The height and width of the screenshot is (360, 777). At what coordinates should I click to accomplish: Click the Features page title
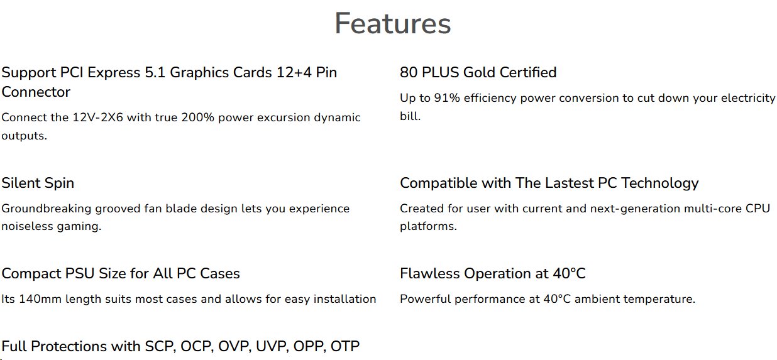392,23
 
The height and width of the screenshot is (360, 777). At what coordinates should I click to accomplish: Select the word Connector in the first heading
36,92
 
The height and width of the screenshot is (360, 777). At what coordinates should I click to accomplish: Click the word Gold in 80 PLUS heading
479,72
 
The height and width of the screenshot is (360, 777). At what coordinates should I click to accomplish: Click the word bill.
410,116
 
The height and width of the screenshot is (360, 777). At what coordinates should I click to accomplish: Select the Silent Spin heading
38,183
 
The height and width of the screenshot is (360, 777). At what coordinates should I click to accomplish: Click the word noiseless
27,226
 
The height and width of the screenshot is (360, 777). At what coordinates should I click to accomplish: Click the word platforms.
428,226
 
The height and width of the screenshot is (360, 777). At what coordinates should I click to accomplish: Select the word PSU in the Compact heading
80,274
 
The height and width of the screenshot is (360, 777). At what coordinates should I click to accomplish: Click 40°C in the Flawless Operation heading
569,274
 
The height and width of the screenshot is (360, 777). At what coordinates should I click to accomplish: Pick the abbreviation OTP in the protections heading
344,346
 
